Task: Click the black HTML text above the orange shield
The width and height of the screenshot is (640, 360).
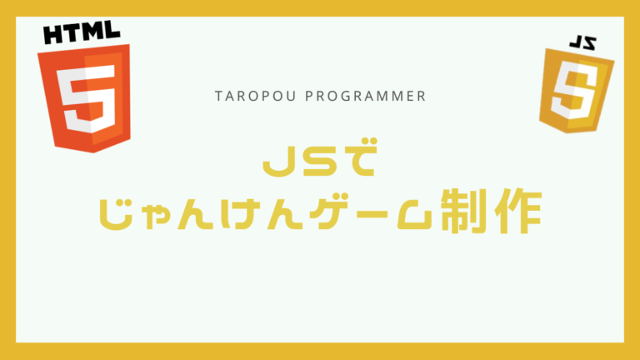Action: tap(80, 34)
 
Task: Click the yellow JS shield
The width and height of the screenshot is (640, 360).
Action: tap(577, 90)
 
